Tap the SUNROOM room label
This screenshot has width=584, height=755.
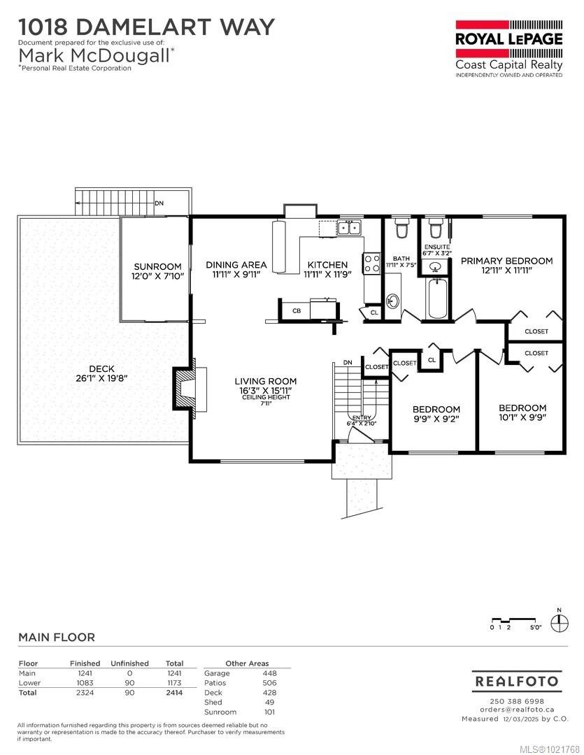pyautogui.click(x=157, y=266)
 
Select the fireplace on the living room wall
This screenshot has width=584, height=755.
pyautogui.click(x=185, y=386)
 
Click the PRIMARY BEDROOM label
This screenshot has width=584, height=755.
pyautogui.click(x=506, y=261)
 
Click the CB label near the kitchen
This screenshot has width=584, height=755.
pyautogui.click(x=297, y=310)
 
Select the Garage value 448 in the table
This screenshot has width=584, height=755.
pyautogui.click(x=269, y=673)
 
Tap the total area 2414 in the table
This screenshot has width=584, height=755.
pyautogui.click(x=174, y=693)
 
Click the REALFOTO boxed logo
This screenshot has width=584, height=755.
pyautogui.click(x=516, y=681)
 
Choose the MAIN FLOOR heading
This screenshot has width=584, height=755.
pyautogui.click(x=57, y=637)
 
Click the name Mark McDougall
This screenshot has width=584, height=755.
pyautogui.click(x=94, y=55)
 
